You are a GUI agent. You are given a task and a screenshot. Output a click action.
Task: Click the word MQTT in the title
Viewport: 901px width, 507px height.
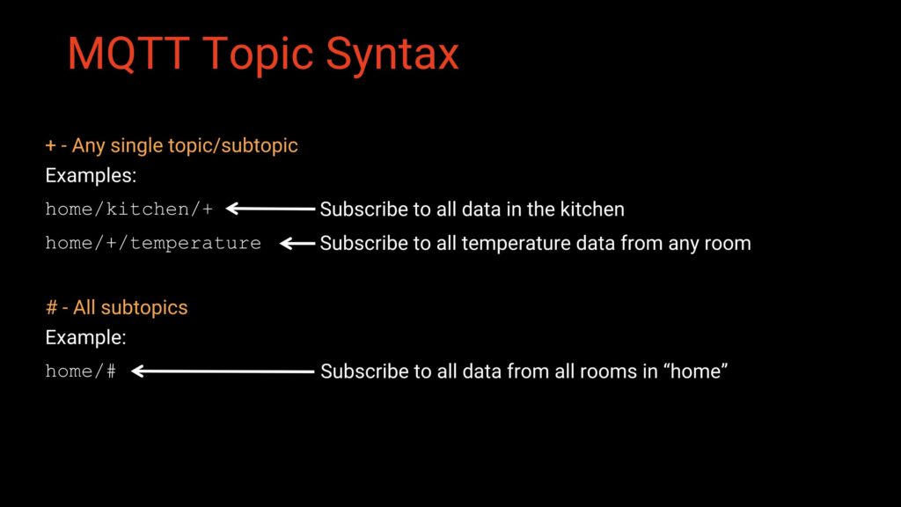pyautogui.click(x=128, y=54)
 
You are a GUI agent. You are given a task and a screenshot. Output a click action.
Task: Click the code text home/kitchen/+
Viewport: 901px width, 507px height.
pyautogui.click(x=129, y=209)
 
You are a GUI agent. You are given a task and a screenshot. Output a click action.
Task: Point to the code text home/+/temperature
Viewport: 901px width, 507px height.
pyautogui.click(x=153, y=242)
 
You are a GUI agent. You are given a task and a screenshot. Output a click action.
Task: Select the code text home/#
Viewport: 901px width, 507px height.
pyautogui.click(x=80, y=371)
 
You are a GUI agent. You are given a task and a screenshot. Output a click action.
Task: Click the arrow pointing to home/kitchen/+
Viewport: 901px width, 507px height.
pyautogui.click(x=270, y=209)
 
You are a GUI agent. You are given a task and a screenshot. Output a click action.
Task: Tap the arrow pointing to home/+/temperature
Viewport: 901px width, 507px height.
pyautogui.click(x=297, y=243)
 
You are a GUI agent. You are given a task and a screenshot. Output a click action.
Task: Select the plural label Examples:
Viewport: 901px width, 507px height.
pyautogui.click(x=91, y=176)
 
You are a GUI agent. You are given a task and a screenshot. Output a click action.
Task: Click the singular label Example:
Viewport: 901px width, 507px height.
pyautogui.click(x=85, y=337)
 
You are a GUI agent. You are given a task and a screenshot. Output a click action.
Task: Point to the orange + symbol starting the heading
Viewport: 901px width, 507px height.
pyautogui.click(x=51, y=145)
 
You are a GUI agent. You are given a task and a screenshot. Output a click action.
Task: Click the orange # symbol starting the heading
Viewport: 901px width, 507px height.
pyautogui.click(x=51, y=307)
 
